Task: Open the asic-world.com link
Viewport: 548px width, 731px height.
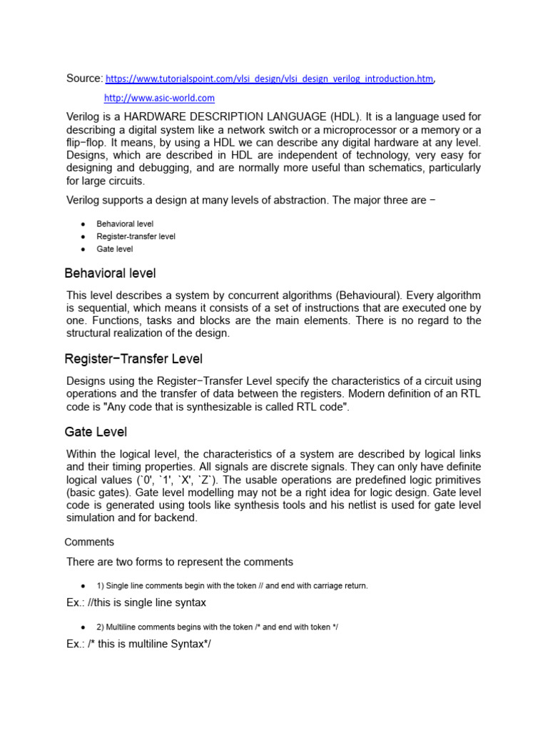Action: click(159, 98)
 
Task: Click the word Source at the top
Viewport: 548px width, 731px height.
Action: click(84, 78)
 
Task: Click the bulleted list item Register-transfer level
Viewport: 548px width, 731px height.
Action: click(136, 236)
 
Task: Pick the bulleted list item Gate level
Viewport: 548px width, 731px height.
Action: click(114, 249)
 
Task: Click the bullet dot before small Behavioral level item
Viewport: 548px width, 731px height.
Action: click(83, 224)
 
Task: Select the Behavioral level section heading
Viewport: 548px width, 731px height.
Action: click(110, 273)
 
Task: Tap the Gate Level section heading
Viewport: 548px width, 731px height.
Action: click(96, 432)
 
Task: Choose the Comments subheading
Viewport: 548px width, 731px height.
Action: click(89, 542)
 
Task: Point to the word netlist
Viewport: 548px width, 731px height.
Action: click(366, 505)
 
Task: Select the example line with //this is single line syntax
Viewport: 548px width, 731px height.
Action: click(136, 603)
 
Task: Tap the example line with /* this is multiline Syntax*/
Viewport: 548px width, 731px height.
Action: click(139, 644)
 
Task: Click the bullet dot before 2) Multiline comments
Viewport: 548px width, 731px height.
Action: click(83, 627)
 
